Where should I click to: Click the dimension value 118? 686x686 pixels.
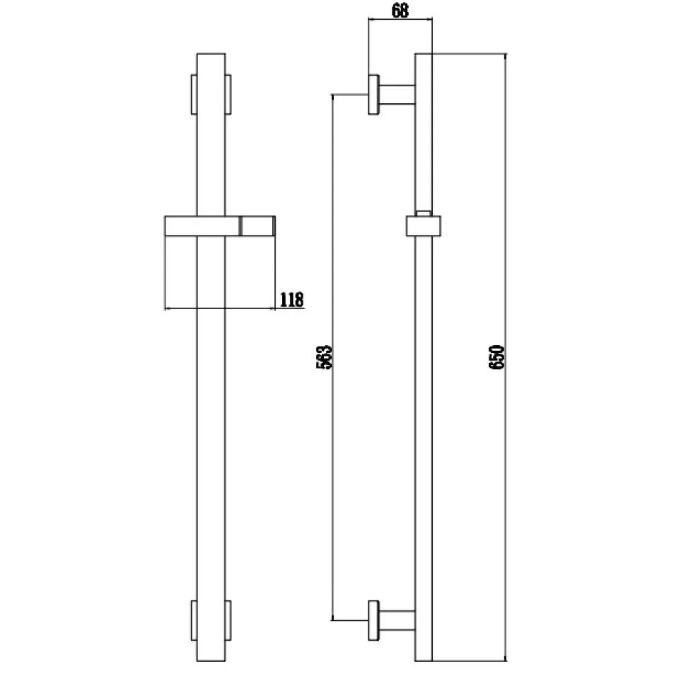pos(291,299)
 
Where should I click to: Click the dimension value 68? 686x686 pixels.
pos(400,11)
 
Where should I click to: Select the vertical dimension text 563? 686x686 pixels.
pos(325,357)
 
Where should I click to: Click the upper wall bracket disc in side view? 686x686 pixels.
pos(373,94)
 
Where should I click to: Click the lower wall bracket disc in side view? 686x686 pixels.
pos(373,621)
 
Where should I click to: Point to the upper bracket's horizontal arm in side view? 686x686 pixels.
pos(396,94)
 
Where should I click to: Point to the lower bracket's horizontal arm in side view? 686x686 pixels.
pos(396,620)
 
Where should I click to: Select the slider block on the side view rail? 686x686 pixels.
pos(424,226)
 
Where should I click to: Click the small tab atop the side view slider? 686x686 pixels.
pos(423,211)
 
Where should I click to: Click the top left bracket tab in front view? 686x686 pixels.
pos(194,94)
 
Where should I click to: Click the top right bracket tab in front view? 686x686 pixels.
pos(228,94)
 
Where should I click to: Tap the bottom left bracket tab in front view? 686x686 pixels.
pos(194,621)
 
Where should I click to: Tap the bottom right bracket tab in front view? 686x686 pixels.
pos(228,621)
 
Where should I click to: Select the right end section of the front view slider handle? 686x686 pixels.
pos(258,226)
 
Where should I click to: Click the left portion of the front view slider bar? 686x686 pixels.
pos(180,226)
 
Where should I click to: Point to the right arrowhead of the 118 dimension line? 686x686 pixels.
pos(272,308)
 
